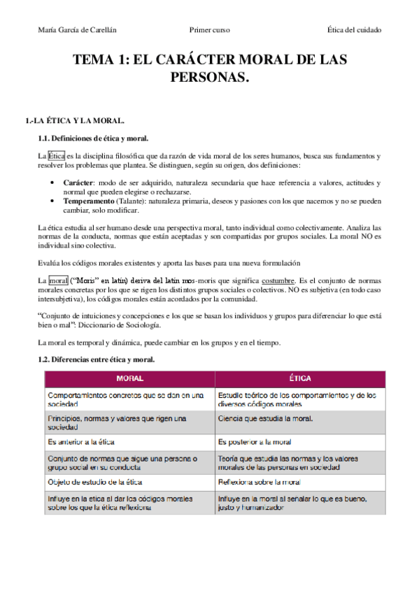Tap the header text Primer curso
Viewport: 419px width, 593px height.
(x=209, y=30)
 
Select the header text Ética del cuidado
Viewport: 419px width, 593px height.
(x=354, y=30)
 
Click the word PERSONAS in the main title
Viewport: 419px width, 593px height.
(x=209, y=76)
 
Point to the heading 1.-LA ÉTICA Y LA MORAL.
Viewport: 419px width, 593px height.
(x=75, y=121)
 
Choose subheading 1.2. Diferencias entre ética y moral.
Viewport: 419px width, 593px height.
(x=96, y=359)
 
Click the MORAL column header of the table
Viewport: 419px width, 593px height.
(x=130, y=378)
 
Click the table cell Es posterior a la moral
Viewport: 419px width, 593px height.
(x=255, y=443)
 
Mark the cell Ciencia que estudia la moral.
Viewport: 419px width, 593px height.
(x=265, y=419)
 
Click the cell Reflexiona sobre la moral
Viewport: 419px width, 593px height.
(x=260, y=482)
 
